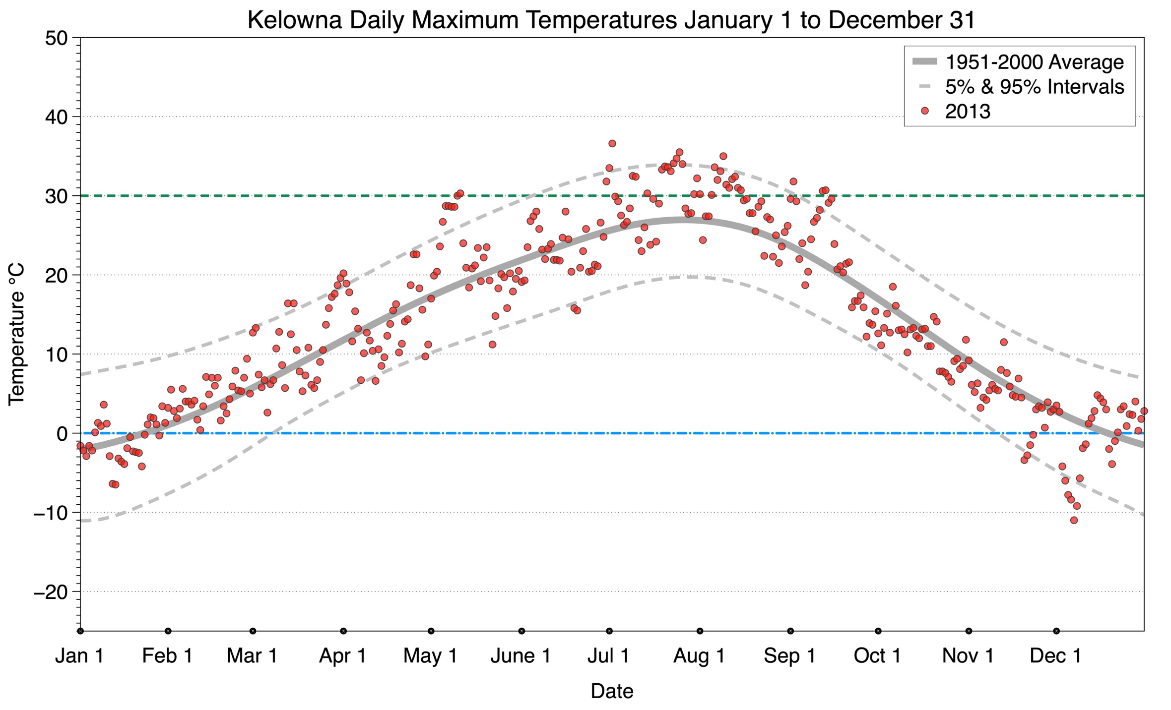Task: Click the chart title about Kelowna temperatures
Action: pyautogui.click(x=611, y=20)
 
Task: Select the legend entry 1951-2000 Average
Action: pyautogui.click(x=1034, y=62)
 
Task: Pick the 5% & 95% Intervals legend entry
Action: pyautogui.click(x=1034, y=87)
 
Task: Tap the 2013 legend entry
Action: pyautogui.click(x=967, y=112)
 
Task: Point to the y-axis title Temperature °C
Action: pyautogui.click(x=16, y=334)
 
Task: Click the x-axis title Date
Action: pyautogui.click(x=611, y=691)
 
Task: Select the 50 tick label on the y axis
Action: pyautogui.click(x=56, y=38)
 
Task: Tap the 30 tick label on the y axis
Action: pyautogui.click(x=56, y=196)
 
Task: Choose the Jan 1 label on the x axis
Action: pyautogui.click(x=79, y=656)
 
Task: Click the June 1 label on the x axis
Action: pyautogui.click(x=520, y=656)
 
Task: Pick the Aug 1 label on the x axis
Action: pyautogui.click(x=699, y=656)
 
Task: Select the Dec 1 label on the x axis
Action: pyautogui.click(x=1055, y=656)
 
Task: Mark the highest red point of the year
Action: pyautogui.click(x=612, y=143)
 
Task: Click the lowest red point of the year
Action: pyautogui.click(x=1074, y=520)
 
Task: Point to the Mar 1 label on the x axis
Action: pyautogui.click(x=252, y=656)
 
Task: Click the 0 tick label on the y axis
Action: pyautogui.click(x=62, y=434)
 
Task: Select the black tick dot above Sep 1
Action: pyautogui.click(x=790, y=631)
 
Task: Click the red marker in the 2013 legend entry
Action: pyautogui.click(x=924, y=111)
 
